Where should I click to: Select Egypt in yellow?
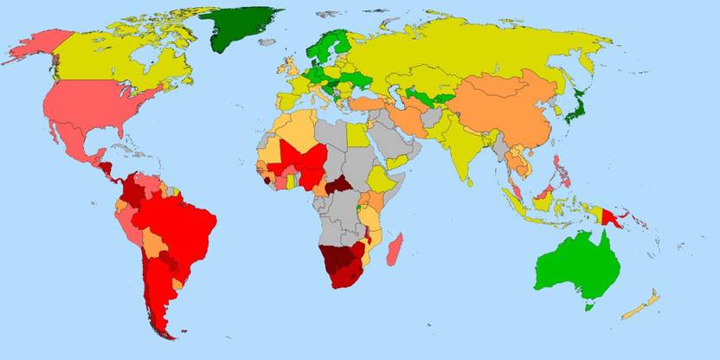pos(355,137)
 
